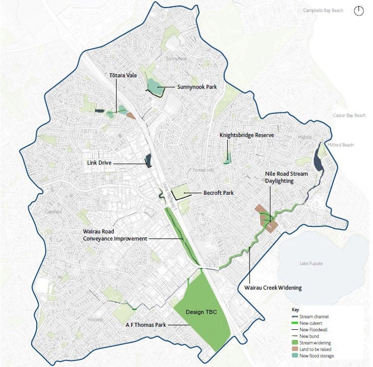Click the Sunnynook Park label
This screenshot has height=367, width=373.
pos(197,87)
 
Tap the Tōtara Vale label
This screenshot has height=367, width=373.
pos(123,75)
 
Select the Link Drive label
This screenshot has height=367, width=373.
pos(99,163)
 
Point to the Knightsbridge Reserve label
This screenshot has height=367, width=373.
pos(246,135)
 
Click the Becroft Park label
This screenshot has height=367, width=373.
pos(218,193)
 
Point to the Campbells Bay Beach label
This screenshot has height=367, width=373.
pos(323,11)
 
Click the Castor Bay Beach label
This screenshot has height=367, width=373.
pos(349,116)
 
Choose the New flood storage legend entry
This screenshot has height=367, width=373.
pos(314,356)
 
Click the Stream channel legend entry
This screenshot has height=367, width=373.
pos(312,317)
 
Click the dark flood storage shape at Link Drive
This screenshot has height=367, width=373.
pos(148,161)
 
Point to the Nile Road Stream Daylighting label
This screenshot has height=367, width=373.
pos(286,177)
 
